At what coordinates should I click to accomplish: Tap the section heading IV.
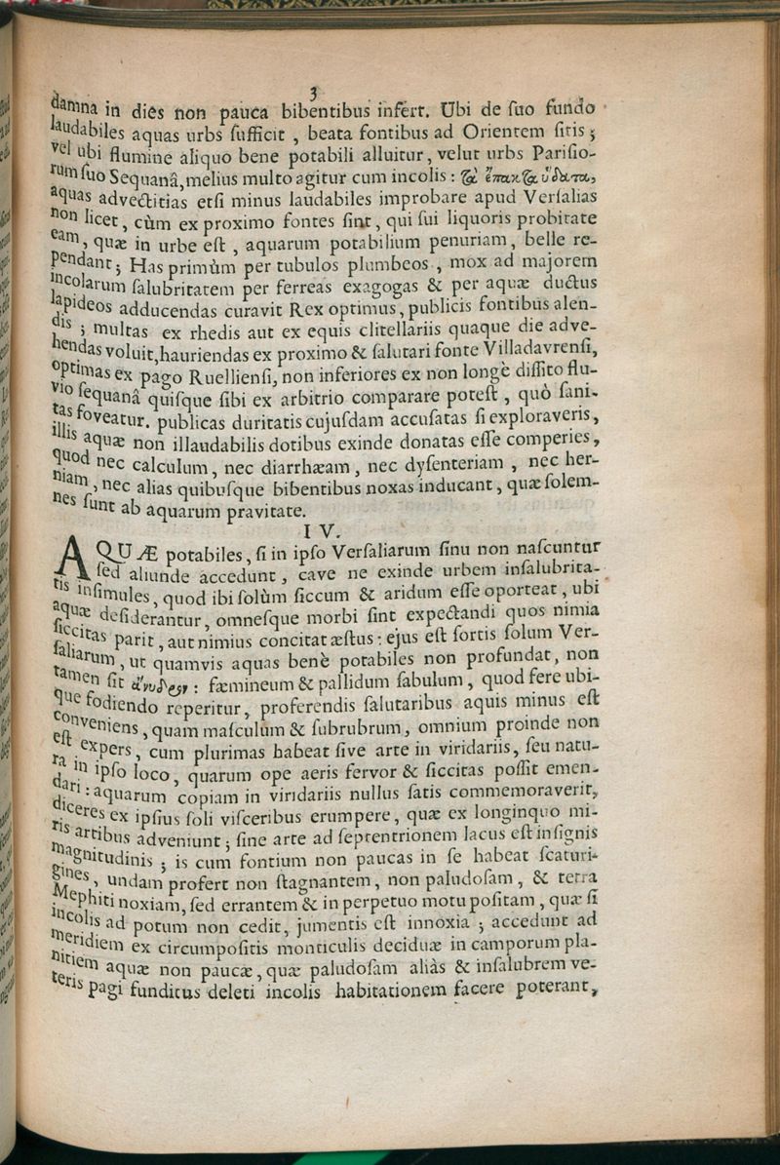[320, 531]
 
